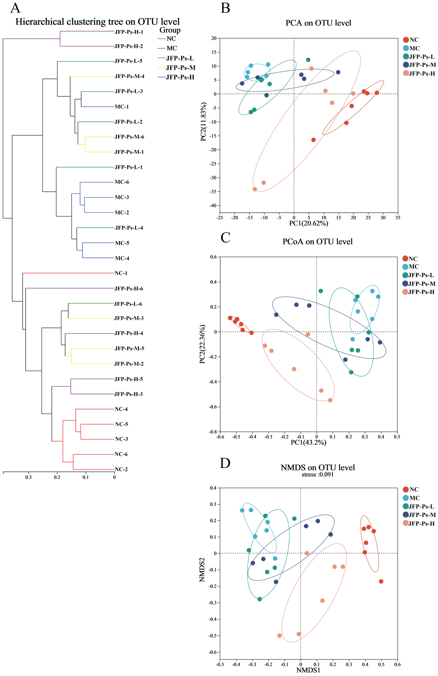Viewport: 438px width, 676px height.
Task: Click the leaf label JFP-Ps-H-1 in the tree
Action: [x=129, y=32]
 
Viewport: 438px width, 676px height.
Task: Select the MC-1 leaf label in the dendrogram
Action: [x=122, y=107]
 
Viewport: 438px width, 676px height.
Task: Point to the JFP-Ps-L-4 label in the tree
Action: [x=129, y=228]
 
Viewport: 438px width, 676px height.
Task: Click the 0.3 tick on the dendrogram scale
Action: [x=28, y=477]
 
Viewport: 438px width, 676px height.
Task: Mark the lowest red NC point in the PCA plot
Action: [x=313, y=140]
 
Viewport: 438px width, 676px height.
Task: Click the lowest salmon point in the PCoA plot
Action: [x=330, y=400]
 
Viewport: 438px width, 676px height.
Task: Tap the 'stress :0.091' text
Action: [x=317, y=475]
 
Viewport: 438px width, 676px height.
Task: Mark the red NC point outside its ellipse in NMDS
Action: [x=381, y=579]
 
